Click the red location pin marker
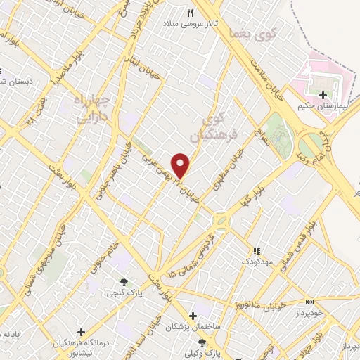(181, 165)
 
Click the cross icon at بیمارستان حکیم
(323, 95)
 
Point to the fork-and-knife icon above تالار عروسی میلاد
(190, 13)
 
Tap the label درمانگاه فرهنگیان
(82, 343)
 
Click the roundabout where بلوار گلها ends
(222, 220)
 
